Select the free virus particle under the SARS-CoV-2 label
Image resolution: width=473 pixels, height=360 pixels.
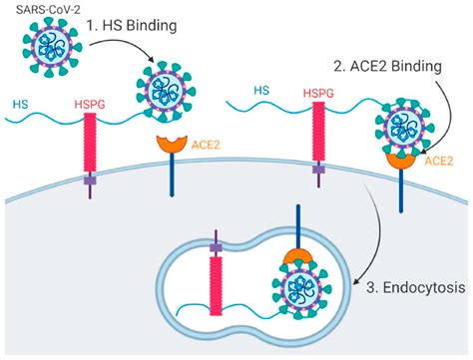coord(48,49)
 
